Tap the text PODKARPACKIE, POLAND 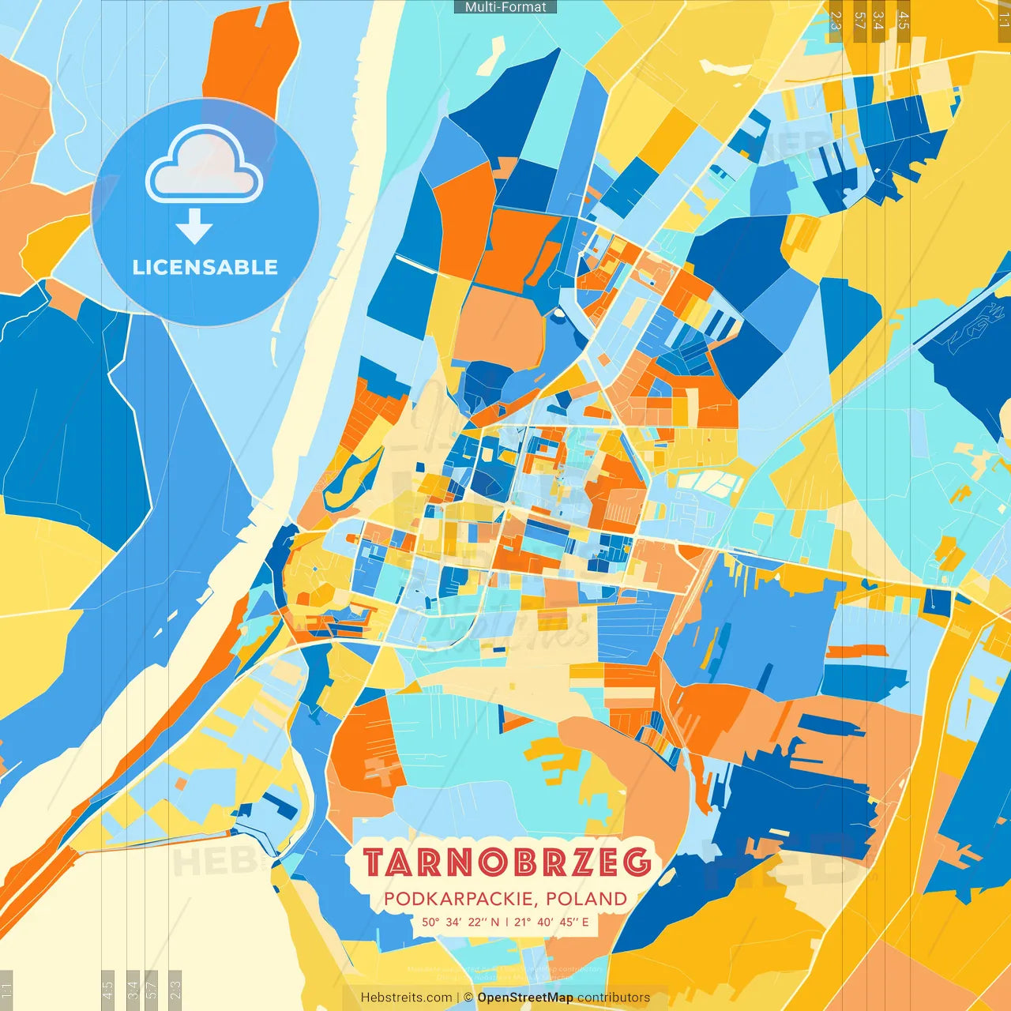click(505, 899)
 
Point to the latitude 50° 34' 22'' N click(460, 922)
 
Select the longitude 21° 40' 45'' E click(551, 922)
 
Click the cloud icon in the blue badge click(205, 165)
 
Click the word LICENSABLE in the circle click(205, 267)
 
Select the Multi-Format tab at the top click(505, 7)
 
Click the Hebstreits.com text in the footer click(407, 998)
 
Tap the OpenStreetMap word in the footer click(525, 998)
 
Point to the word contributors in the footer click(614, 998)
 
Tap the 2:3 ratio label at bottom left click(175, 988)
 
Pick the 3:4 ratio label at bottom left click(133, 988)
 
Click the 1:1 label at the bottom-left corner click(6, 990)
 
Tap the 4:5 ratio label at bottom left click(107, 988)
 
